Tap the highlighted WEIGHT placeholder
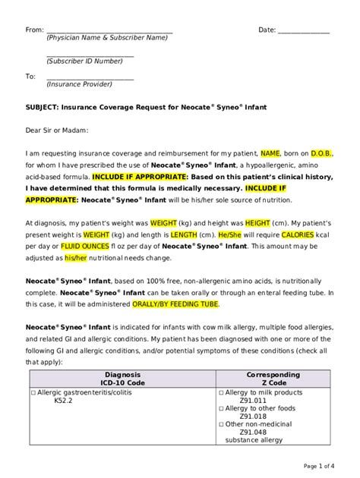point(163,224)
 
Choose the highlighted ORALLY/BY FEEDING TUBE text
point(176,304)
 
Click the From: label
point(35,30)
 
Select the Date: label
point(267,30)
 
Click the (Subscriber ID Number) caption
point(90,61)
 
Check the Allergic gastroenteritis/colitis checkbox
point(33,392)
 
